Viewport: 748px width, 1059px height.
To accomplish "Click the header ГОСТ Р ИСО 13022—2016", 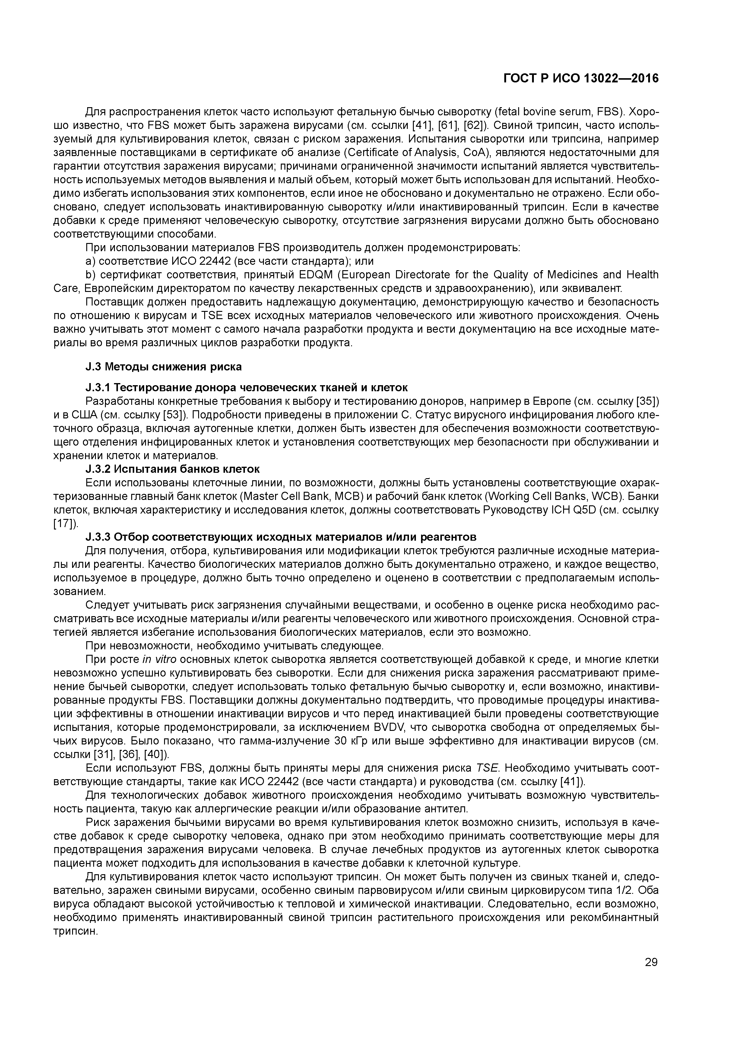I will point(581,79).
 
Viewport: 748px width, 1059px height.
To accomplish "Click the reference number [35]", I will point(650,401).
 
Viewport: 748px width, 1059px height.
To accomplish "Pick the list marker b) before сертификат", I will point(90,275).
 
